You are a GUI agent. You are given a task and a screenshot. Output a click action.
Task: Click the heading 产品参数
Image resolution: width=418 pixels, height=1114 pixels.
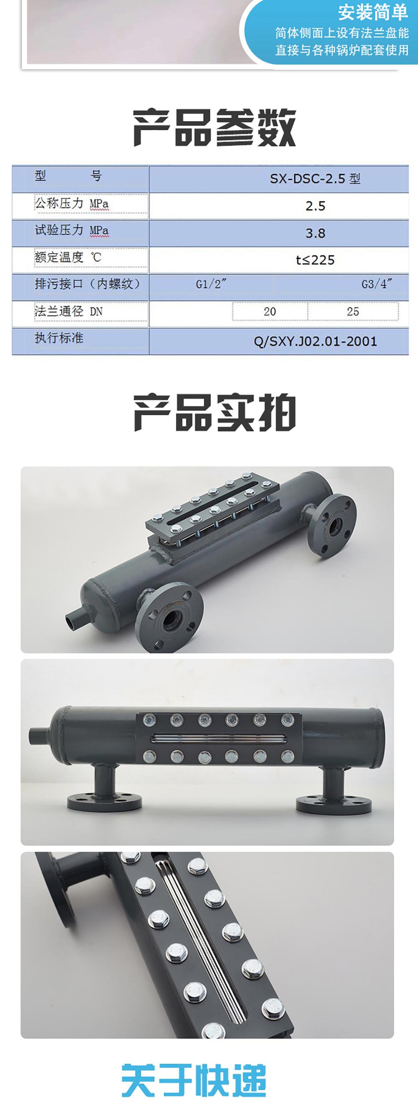pyautogui.click(x=214, y=128)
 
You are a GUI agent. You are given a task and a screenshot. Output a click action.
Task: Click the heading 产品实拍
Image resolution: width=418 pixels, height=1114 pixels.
pyautogui.click(x=214, y=412)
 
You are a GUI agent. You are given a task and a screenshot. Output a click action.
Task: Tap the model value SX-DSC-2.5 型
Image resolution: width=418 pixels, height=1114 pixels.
pyautogui.click(x=315, y=179)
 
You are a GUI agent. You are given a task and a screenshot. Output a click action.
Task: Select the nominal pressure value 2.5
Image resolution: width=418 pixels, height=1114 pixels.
pyautogui.click(x=315, y=206)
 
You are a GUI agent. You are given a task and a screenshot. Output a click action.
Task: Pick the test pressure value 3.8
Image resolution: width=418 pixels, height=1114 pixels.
pyautogui.click(x=315, y=233)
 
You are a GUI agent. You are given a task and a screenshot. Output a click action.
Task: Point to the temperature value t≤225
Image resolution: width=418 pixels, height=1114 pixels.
pyautogui.click(x=315, y=260)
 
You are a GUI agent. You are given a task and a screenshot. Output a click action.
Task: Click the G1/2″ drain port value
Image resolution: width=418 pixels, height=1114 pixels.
pyautogui.click(x=211, y=284)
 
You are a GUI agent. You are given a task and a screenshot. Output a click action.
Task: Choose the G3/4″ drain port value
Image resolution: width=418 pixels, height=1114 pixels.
pyautogui.click(x=377, y=284)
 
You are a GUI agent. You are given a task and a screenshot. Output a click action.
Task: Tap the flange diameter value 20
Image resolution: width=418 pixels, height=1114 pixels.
pyautogui.click(x=270, y=311)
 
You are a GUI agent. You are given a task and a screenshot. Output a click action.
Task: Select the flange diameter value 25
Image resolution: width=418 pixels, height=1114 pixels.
pyautogui.click(x=353, y=311)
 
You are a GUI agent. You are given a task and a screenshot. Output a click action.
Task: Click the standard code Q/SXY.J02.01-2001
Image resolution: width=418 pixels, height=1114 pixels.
pyautogui.click(x=315, y=342)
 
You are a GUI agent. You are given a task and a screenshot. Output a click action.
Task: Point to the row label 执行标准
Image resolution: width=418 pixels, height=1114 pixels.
pyautogui.click(x=59, y=338)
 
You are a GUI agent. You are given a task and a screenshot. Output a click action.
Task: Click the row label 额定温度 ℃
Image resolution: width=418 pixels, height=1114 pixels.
pyautogui.click(x=68, y=257)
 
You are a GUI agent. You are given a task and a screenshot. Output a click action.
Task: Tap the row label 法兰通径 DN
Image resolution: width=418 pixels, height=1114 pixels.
pyautogui.click(x=69, y=311)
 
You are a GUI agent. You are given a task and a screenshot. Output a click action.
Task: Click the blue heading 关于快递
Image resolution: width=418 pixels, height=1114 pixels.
pyautogui.click(x=194, y=1080)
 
